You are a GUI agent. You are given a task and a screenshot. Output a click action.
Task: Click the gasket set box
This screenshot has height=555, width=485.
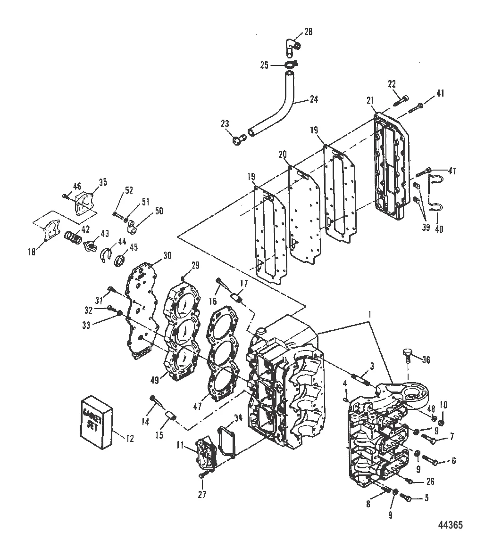click(x=97, y=423)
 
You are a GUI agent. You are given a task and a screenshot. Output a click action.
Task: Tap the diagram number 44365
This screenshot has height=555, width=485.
click(x=450, y=525)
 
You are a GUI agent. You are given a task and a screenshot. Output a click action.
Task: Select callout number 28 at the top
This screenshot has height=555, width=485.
click(x=308, y=32)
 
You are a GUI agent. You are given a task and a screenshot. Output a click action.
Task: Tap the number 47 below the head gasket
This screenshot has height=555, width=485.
click(x=198, y=407)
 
